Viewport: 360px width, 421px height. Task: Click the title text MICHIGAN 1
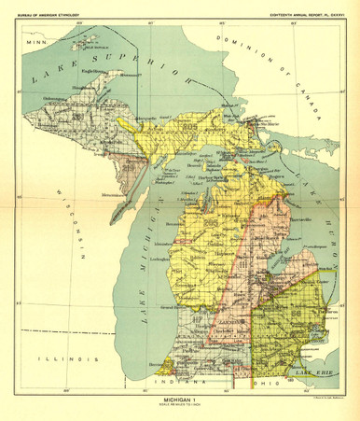tap(179, 399)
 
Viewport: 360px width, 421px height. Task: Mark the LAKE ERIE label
tap(323, 373)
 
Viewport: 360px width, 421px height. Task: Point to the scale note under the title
tap(179, 406)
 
